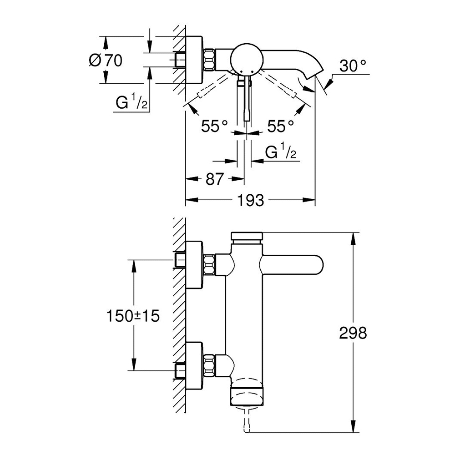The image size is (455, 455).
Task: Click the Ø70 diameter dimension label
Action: pyautogui.click(x=106, y=61)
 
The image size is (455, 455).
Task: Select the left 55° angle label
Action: pyautogui.click(x=215, y=126)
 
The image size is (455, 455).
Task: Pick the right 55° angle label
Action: pyautogui.click(x=281, y=126)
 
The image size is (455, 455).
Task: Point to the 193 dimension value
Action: pyautogui.click(x=251, y=200)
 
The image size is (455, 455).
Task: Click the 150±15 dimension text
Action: pyautogui.click(x=133, y=316)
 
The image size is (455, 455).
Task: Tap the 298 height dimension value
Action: pyautogui.click(x=353, y=333)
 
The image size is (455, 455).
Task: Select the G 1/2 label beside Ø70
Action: pyautogui.click(x=132, y=103)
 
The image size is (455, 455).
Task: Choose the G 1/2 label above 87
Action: pyautogui.click(x=281, y=152)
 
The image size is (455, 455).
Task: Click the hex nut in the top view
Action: pyautogui.click(x=210, y=60)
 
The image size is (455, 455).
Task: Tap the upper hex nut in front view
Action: pyautogui.click(x=210, y=264)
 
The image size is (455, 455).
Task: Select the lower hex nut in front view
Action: pyautogui.click(x=210, y=365)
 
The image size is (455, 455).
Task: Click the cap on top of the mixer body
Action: pyautogui.click(x=247, y=236)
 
